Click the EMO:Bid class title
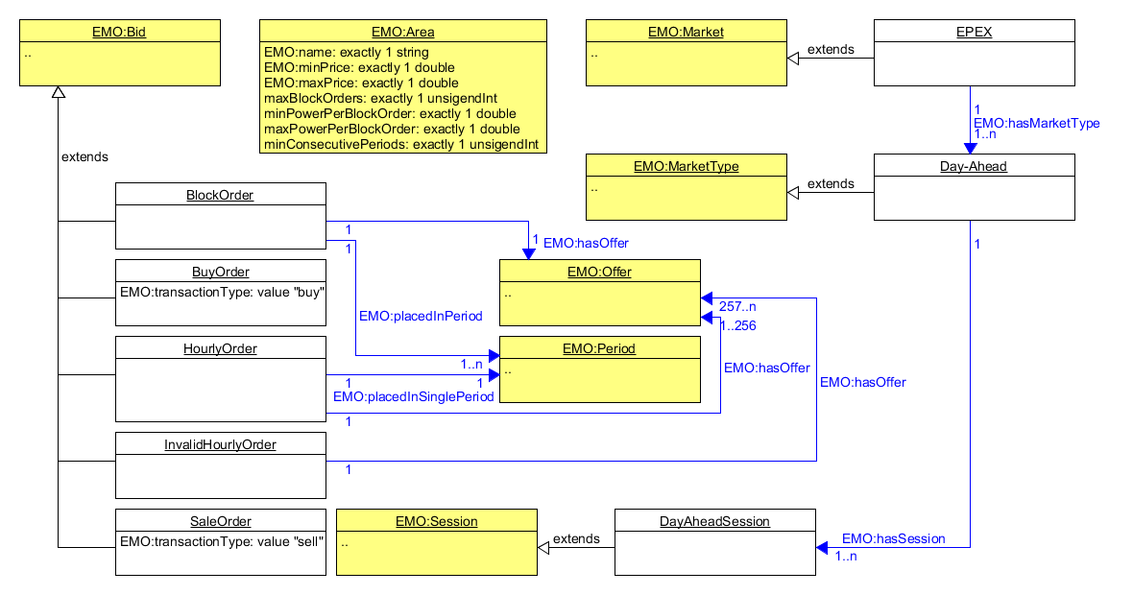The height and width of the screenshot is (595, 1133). point(119,32)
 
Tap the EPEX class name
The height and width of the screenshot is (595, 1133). point(974,32)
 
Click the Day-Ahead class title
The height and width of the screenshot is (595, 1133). point(974,166)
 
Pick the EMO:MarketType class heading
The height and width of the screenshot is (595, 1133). point(686,166)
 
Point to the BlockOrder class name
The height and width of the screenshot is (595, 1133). point(220,195)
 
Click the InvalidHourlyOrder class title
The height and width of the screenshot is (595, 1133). point(220,444)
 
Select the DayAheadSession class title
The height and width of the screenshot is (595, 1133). point(714,521)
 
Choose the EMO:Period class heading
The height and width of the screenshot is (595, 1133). point(599,348)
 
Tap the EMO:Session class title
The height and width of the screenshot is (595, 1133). point(436,521)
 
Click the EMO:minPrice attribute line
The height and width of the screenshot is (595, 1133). point(359,67)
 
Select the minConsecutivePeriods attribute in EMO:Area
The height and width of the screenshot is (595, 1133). point(400,144)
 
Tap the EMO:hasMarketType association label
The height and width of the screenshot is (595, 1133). point(1036,123)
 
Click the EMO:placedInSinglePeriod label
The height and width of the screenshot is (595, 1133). point(413,396)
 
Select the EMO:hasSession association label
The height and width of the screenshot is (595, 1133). point(893,538)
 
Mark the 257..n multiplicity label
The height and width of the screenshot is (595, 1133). point(737,306)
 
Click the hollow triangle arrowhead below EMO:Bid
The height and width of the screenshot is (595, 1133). point(58,93)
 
